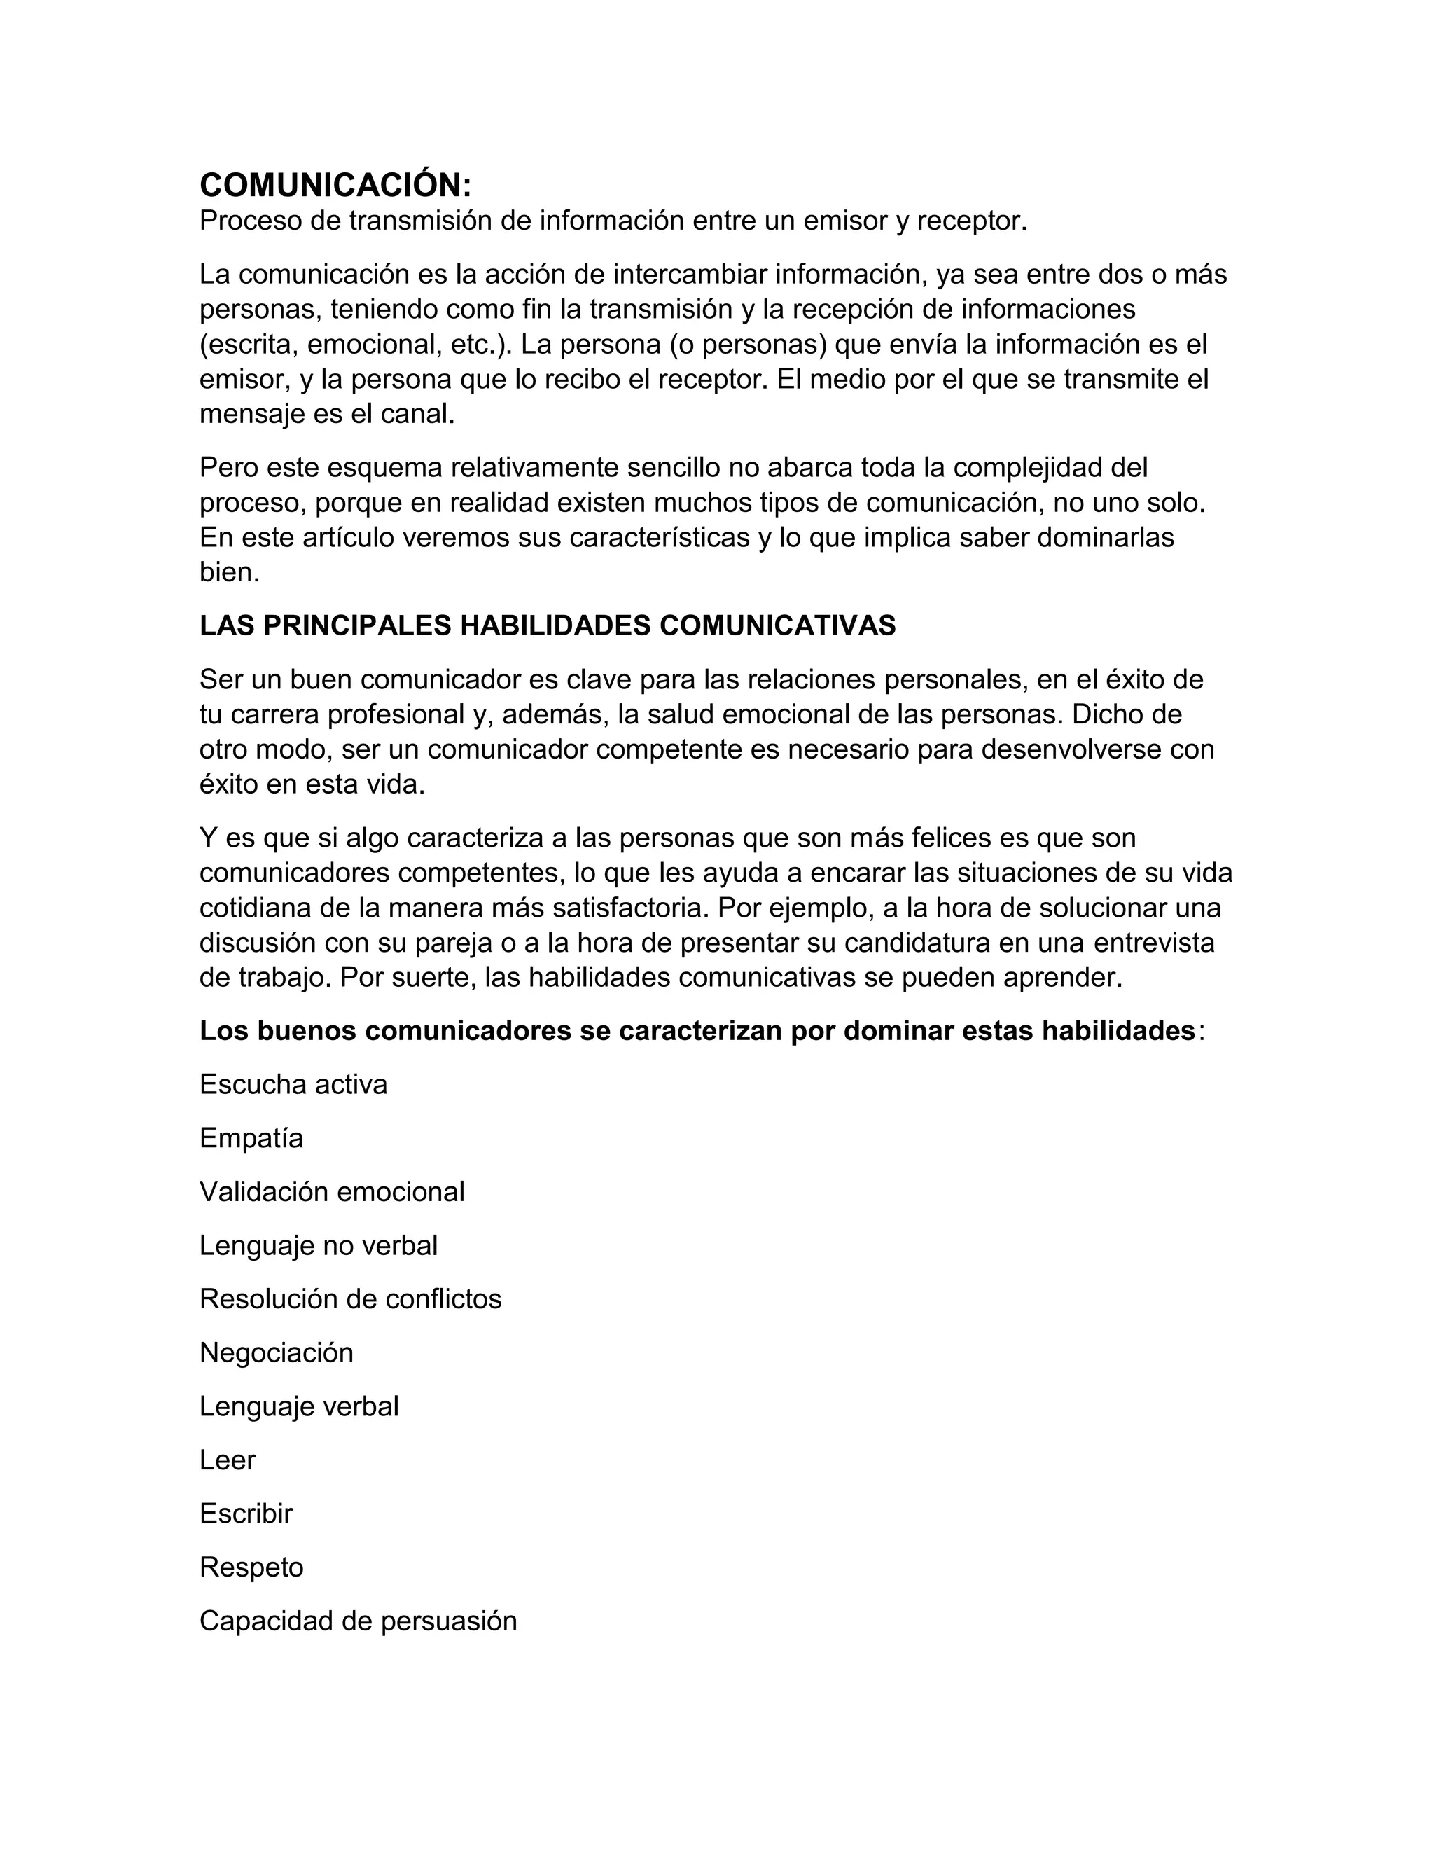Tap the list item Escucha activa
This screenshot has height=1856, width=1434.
tap(293, 1084)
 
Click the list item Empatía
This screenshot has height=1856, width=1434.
tap(251, 1138)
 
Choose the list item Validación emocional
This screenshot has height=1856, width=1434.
tap(331, 1191)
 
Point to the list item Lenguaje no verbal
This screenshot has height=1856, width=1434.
tap(319, 1245)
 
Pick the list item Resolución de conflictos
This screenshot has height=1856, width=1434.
tap(350, 1298)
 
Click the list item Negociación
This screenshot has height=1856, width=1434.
tap(276, 1352)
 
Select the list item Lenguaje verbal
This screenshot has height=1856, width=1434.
tap(299, 1406)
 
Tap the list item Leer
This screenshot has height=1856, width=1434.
tap(227, 1460)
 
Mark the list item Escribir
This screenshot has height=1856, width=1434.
tap(246, 1514)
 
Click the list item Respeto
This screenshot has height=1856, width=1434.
tap(251, 1567)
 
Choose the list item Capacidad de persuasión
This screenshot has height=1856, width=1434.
tap(358, 1621)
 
